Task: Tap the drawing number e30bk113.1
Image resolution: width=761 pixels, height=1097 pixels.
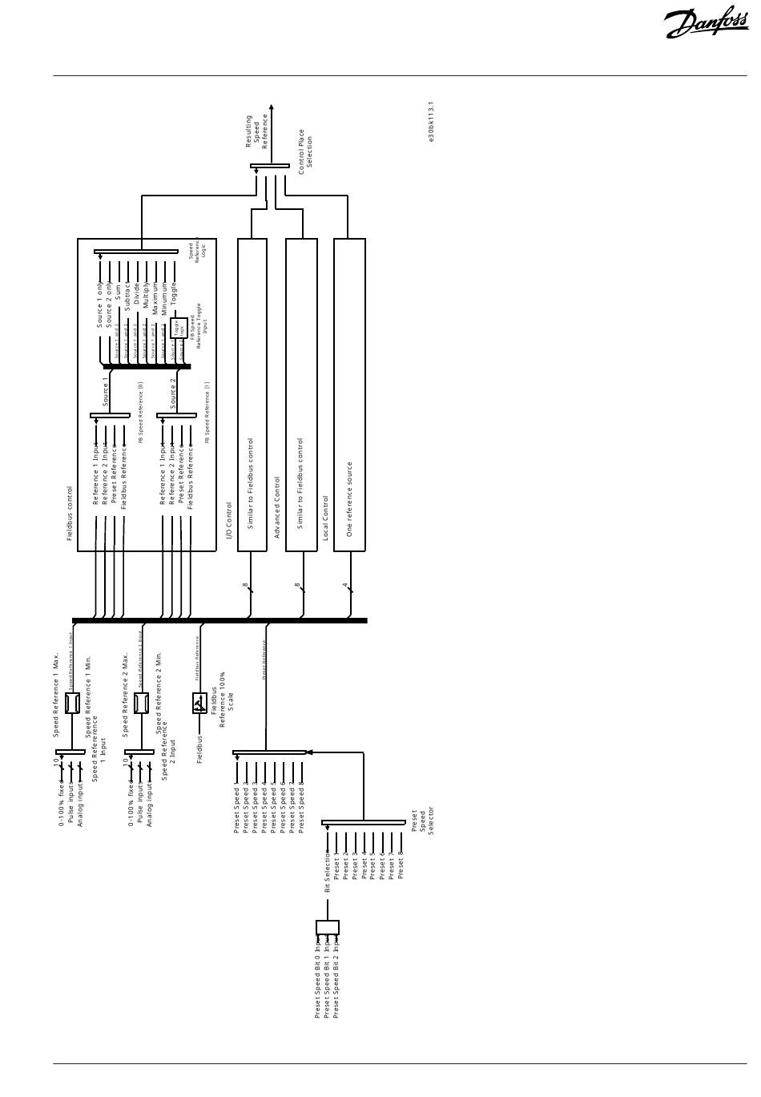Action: pos(431,123)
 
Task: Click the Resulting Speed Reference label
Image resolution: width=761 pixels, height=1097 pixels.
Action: pos(256,131)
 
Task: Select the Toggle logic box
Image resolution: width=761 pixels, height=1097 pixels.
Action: pos(179,328)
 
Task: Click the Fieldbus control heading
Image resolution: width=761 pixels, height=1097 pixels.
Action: pos(70,513)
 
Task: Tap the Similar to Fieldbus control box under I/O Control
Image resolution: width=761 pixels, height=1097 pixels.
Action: pos(252,394)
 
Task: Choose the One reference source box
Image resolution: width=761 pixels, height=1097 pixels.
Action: pos(349,394)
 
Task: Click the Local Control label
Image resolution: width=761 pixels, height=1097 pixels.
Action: pos(325,518)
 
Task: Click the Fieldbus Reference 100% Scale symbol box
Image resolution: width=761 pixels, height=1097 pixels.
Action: pos(199,703)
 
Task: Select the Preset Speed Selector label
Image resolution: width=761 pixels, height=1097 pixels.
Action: pos(422,821)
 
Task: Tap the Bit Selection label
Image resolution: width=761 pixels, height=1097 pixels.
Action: pos(327,871)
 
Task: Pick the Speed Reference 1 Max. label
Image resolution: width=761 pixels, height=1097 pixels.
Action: pos(56,694)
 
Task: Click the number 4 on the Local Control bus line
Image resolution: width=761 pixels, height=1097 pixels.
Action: pos(345,585)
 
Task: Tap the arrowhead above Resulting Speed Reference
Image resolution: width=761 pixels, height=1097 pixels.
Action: pos(271,107)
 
